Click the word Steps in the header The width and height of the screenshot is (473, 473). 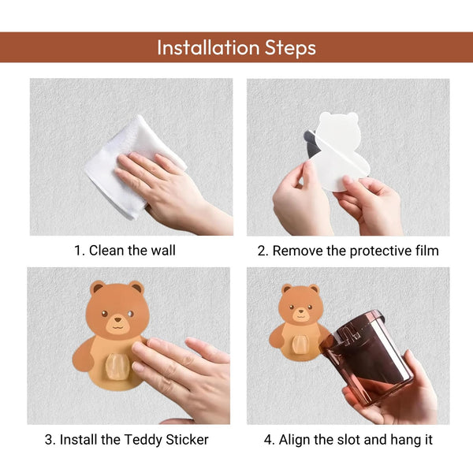[x=289, y=47]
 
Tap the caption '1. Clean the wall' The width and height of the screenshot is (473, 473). [x=125, y=251]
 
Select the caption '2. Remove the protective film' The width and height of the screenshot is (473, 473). [x=348, y=251]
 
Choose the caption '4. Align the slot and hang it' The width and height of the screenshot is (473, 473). [x=348, y=439]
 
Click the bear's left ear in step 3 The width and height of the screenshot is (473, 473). [x=97, y=288]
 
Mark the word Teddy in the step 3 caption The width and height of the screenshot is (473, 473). [x=147, y=439]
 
